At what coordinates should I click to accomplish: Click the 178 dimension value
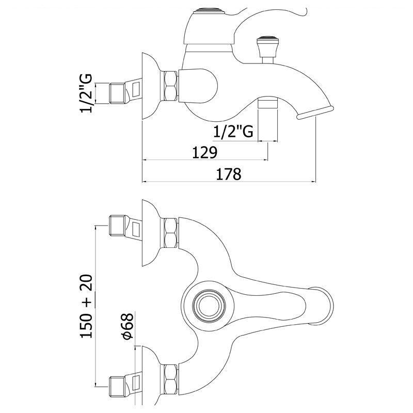pyautogui.click(x=228, y=174)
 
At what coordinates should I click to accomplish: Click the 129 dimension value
pyautogui.click(x=204, y=152)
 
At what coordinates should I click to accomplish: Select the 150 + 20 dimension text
pyautogui.click(x=86, y=306)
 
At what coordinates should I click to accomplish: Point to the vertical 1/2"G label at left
pyautogui.click(x=86, y=93)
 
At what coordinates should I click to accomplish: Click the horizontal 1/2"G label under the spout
pyautogui.click(x=233, y=131)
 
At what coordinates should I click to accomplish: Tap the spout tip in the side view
pyautogui.click(x=315, y=112)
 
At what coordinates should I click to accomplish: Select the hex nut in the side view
pyautogui.click(x=170, y=86)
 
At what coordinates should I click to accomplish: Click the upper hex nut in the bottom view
pyautogui.click(x=170, y=233)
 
